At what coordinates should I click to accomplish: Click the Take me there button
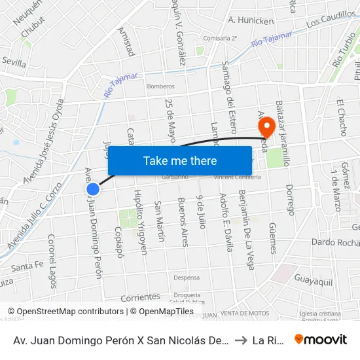(180, 160)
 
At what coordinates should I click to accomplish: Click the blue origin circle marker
(93, 189)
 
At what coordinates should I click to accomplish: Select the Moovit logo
(320, 340)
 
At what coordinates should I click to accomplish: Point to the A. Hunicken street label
(251, 21)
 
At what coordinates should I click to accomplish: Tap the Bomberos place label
(160, 86)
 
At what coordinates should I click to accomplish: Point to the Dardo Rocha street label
(335, 243)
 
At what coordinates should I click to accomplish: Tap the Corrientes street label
(140, 297)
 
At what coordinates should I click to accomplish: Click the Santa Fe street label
(27, 266)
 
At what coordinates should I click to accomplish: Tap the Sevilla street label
(14, 63)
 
